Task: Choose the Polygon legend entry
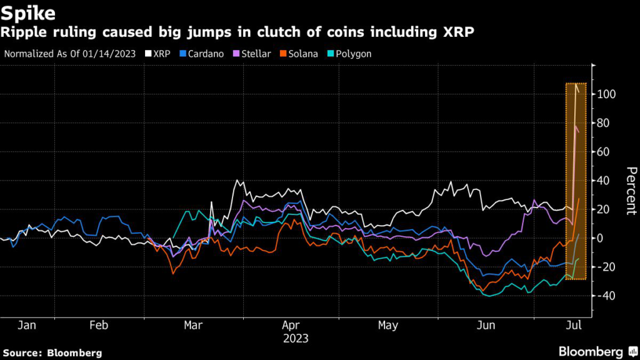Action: tap(350, 54)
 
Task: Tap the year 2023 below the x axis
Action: tap(296, 338)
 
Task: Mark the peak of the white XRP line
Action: tap(575, 84)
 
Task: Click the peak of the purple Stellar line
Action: tap(575, 126)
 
